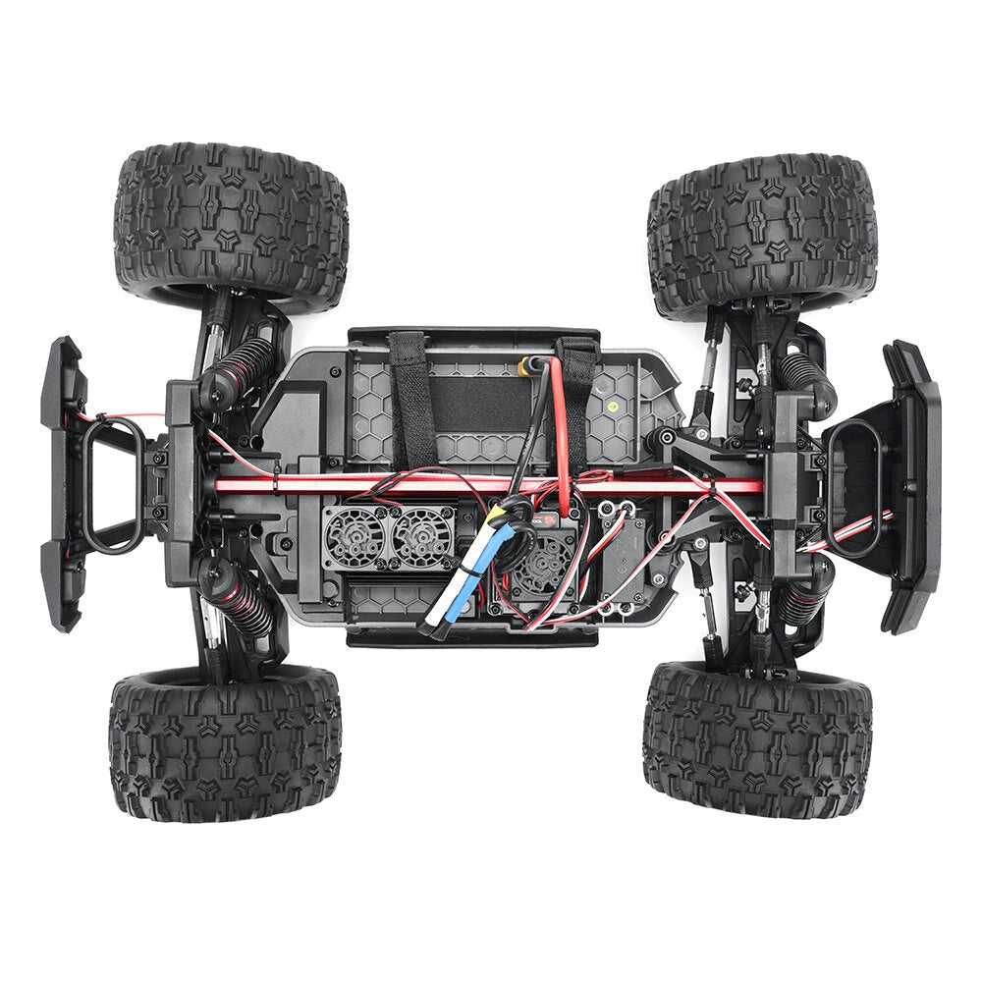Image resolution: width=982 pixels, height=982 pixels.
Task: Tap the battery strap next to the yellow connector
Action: point(577,393)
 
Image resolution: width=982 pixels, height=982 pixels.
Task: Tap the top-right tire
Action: point(761,234)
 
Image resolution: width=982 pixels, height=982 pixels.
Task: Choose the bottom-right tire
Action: point(758,738)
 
